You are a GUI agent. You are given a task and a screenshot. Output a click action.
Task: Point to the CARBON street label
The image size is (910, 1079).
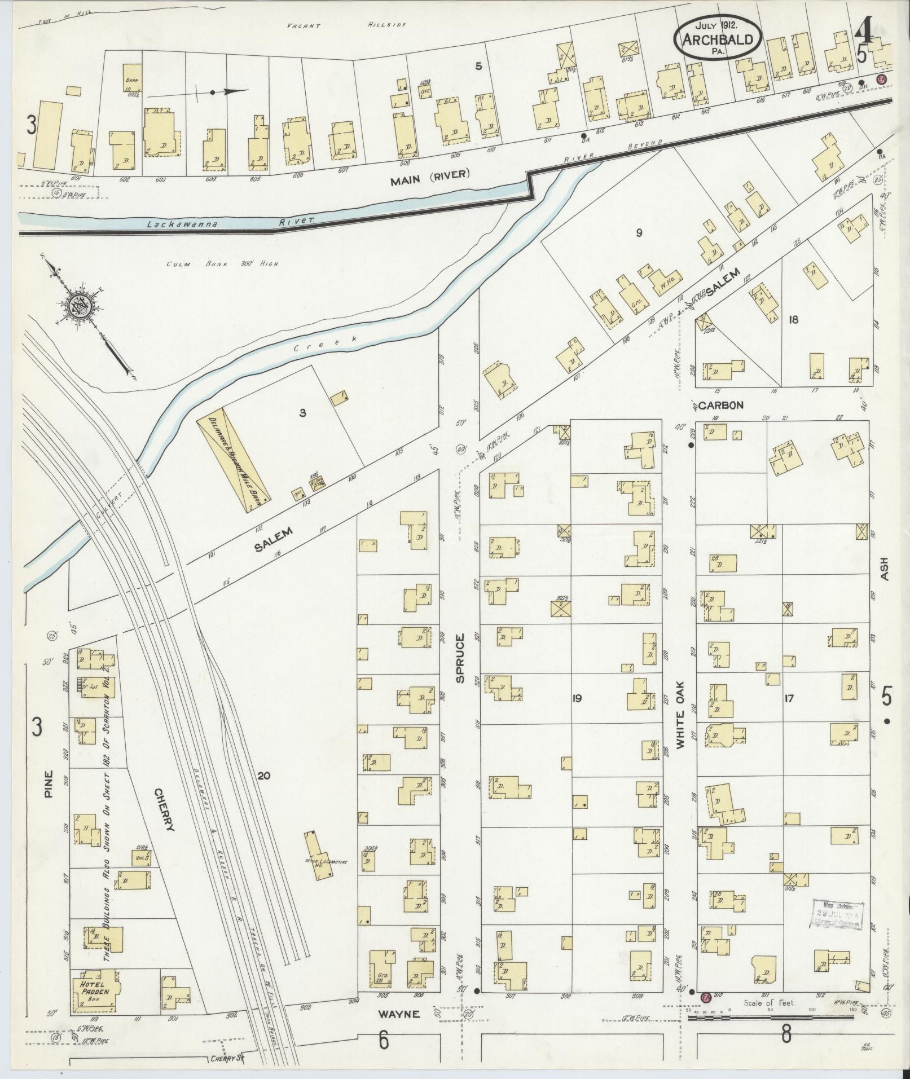click(720, 405)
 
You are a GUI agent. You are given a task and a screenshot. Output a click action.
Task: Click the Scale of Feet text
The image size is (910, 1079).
click(770, 1002)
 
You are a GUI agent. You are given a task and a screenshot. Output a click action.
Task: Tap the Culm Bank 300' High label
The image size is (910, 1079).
click(223, 264)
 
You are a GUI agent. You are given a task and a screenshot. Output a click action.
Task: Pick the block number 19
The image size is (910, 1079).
click(577, 698)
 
